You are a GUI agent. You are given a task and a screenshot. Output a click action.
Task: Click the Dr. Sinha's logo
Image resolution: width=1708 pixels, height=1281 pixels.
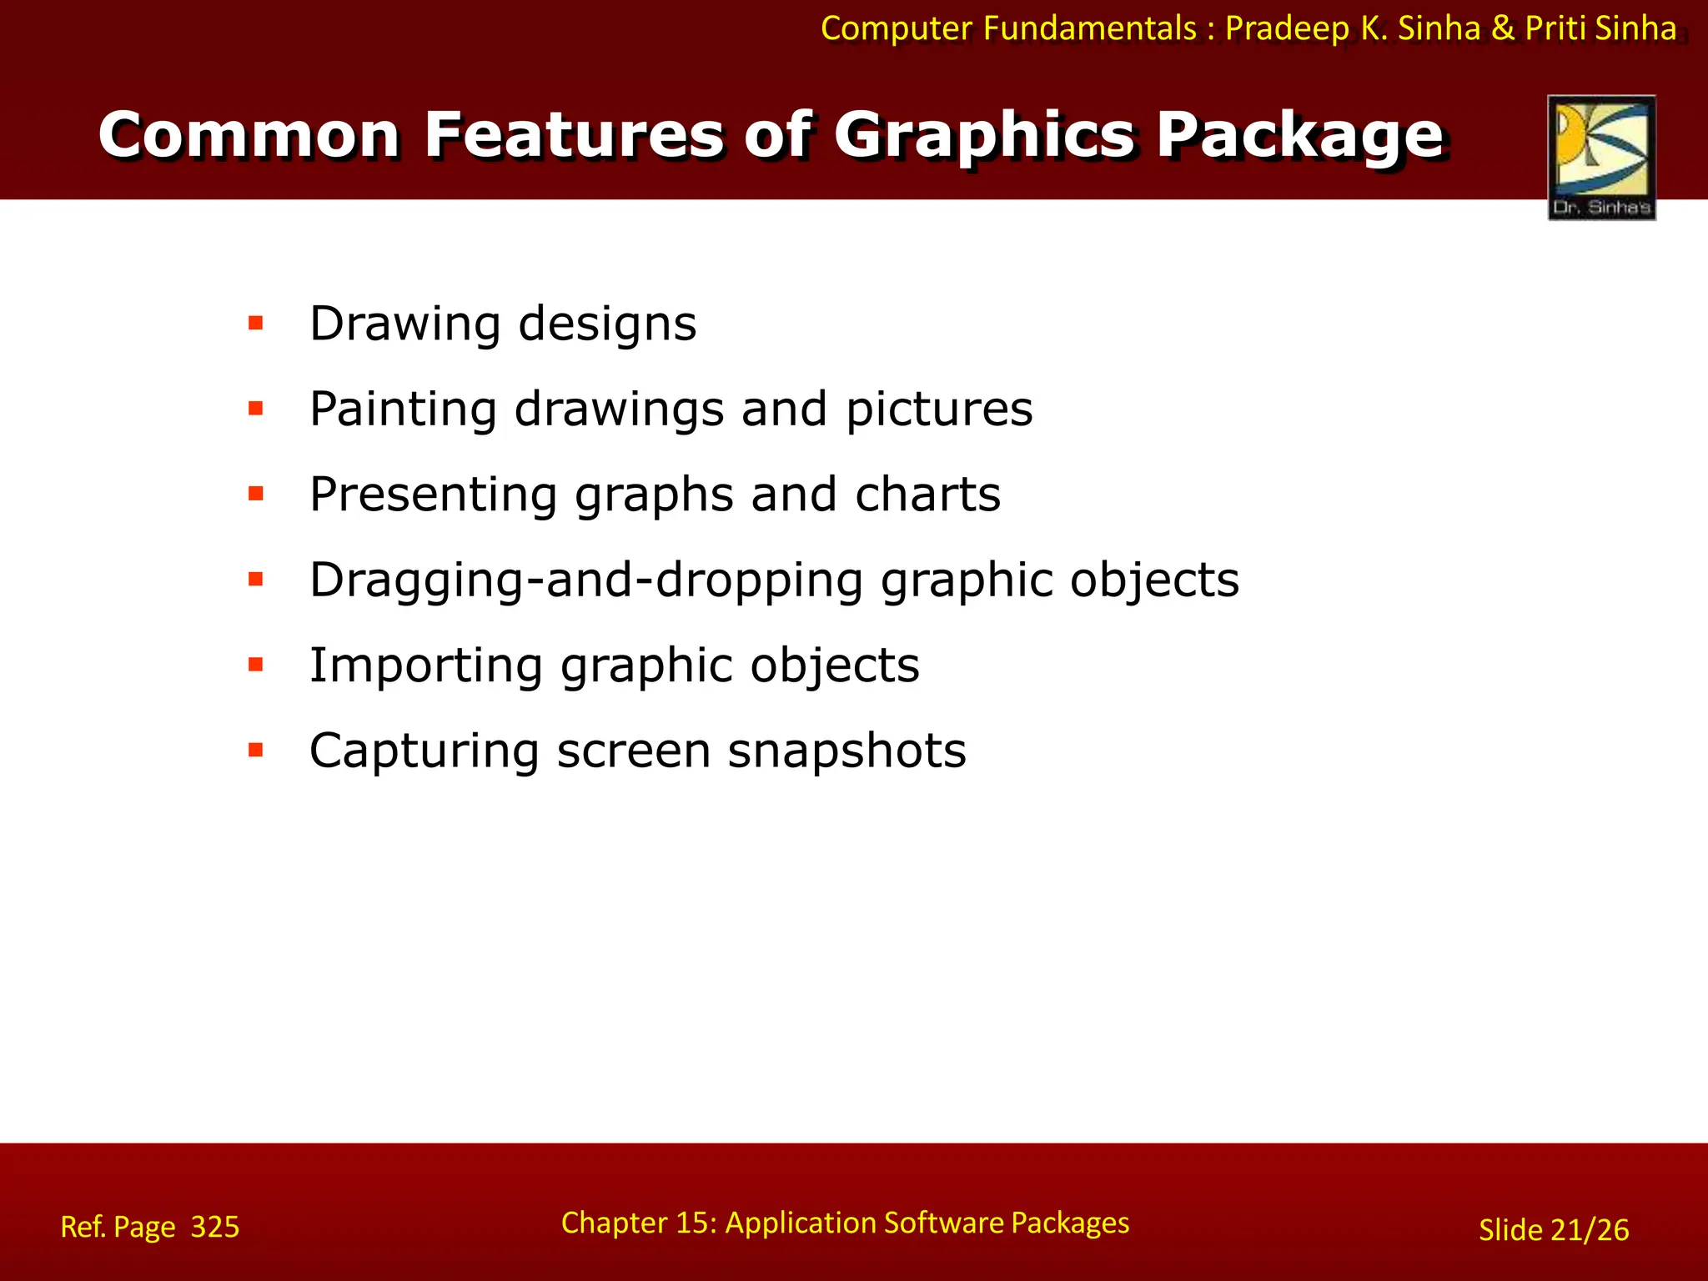click(1601, 158)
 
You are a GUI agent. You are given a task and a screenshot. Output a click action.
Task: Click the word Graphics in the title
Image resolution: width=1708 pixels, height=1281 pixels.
click(984, 135)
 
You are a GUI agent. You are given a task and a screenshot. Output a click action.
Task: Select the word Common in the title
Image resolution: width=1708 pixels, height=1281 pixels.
click(249, 135)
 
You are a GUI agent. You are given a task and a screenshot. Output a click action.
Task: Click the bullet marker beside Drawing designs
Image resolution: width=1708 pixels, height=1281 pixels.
click(256, 323)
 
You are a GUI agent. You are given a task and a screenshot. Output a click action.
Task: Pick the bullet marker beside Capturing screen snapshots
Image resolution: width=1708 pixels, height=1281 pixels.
click(256, 750)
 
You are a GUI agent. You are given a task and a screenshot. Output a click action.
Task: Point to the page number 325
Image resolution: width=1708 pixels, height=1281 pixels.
click(215, 1227)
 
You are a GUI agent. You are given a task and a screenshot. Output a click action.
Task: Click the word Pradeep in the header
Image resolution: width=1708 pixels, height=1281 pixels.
click(1288, 29)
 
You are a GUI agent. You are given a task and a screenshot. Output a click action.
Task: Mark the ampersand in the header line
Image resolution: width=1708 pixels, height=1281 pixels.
click(1503, 28)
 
